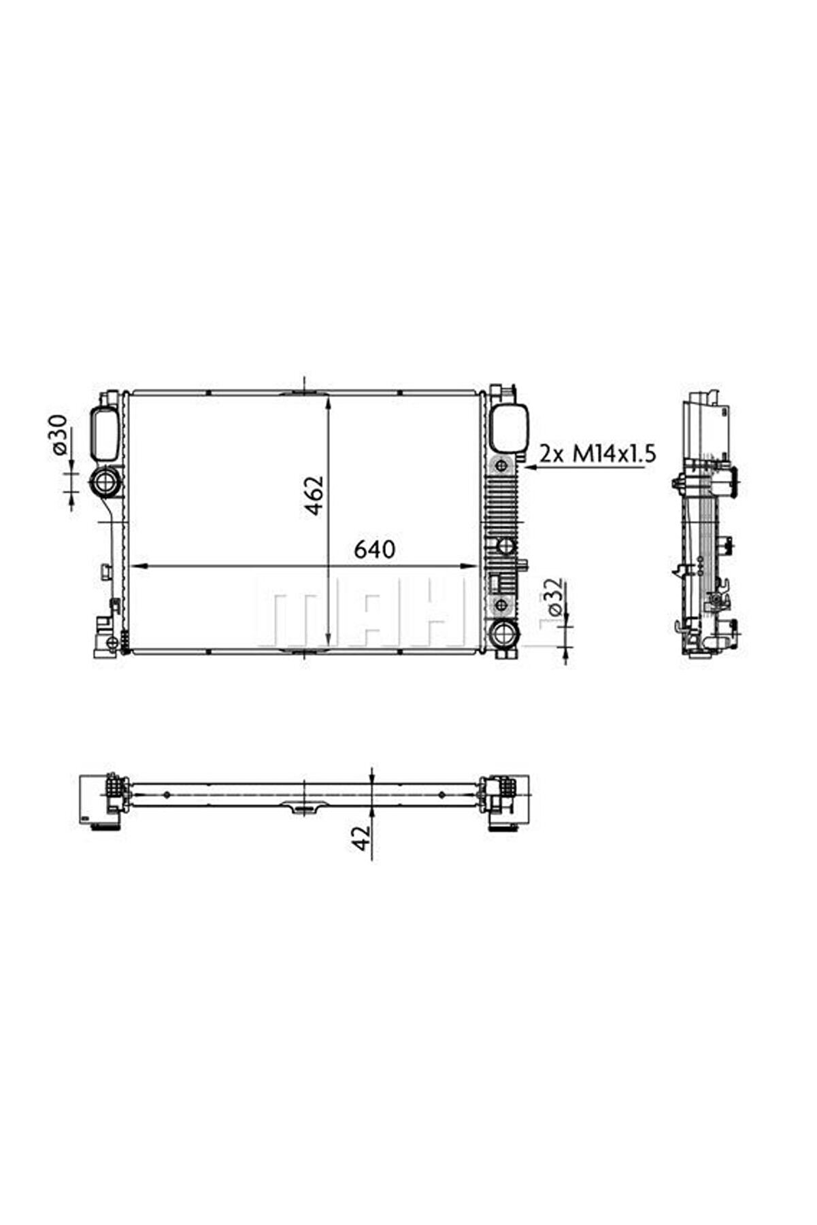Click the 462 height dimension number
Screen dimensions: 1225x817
(315, 495)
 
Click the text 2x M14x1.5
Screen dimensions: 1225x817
(598, 454)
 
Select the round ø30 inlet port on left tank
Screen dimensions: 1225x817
(105, 482)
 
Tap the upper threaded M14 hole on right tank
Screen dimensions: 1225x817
(502, 466)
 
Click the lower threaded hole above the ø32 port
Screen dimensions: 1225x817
(502, 605)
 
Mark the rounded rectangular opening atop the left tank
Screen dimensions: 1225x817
(105, 433)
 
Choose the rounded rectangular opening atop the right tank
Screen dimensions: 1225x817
(510, 426)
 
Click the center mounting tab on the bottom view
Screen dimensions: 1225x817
(304, 809)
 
